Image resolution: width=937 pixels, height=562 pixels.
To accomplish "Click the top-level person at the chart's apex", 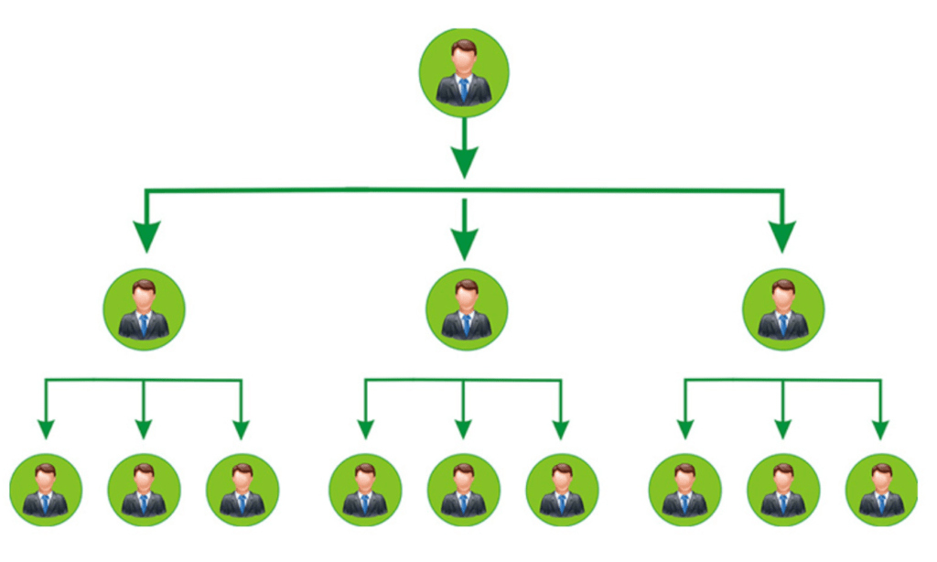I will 464,71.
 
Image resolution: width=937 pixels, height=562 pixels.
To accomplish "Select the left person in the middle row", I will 144,308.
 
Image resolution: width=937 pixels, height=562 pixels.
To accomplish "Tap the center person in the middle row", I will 466,308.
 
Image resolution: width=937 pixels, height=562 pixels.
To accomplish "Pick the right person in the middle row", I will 783,308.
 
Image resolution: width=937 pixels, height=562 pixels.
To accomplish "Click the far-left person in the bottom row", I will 46,490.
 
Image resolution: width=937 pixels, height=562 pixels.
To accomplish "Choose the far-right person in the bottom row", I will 881,490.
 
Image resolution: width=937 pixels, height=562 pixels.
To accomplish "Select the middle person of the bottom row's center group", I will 464,490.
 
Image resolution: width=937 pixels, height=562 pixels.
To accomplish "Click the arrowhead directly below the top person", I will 464,163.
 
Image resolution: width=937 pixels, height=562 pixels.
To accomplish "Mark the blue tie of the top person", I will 464,89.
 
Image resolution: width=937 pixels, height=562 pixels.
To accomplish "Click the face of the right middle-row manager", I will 783,296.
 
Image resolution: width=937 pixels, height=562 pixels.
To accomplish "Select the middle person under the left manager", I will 144,490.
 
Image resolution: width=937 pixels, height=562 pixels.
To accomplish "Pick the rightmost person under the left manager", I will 242,490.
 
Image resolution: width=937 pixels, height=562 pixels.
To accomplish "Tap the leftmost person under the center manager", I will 365,490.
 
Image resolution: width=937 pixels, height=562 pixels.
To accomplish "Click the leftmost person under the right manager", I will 684,490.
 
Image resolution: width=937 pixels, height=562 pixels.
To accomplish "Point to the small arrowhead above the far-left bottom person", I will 46,429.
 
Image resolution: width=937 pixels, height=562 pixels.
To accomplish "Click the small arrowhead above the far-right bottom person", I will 880,429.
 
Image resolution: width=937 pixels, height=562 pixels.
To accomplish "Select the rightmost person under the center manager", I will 562,490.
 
